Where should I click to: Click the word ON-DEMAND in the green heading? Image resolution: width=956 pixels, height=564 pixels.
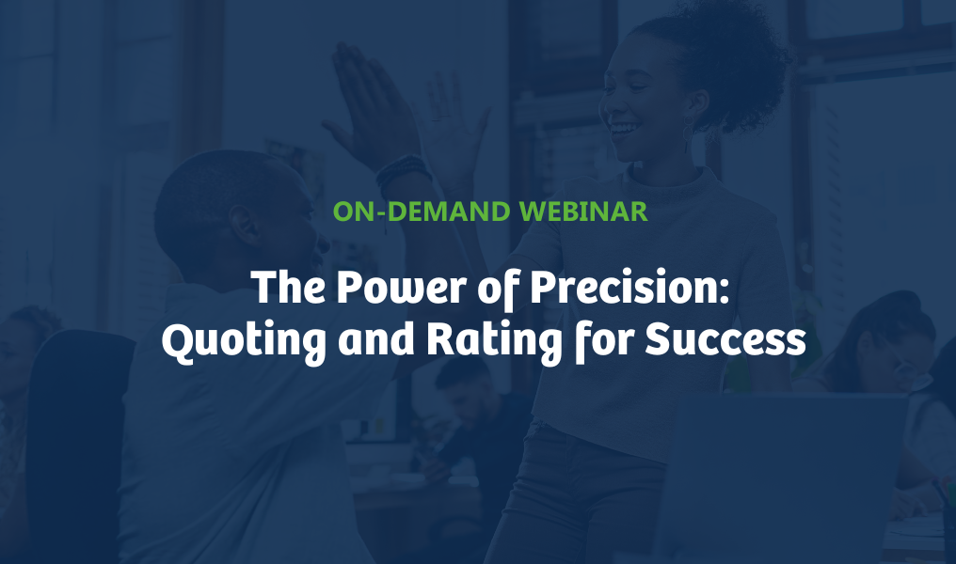[x=422, y=211]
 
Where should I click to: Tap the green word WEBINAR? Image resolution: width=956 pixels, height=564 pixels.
[x=583, y=211]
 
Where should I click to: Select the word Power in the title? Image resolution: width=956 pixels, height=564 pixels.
[x=401, y=287]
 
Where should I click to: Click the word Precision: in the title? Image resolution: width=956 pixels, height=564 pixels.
[x=629, y=287]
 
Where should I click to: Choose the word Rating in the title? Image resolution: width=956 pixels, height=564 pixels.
[x=494, y=340]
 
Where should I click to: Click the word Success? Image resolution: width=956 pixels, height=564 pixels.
[x=725, y=339]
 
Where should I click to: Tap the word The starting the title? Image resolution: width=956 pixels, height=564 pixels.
[x=288, y=287]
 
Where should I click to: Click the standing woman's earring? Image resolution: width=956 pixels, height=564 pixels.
[x=688, y=135]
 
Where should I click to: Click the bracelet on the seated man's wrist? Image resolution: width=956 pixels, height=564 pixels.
[x=403, y=172]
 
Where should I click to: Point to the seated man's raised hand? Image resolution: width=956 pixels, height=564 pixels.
[x=369, y=103]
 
